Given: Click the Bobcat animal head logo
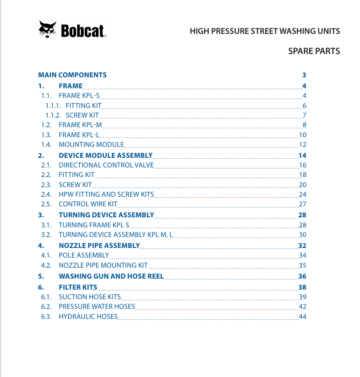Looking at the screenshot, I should click(48, 29).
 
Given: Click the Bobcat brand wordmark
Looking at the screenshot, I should click(82, 31).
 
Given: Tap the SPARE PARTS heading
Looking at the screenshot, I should click(314, 51).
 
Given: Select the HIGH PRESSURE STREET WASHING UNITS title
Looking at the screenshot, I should click(265, 31).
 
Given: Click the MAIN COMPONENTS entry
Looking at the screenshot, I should click(72, 75).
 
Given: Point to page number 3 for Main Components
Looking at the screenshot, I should click(304, 75).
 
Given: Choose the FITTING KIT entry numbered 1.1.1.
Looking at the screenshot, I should click(87, 105).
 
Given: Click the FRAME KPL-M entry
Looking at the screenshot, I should click(80, 125).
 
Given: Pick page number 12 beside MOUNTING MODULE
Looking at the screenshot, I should click(302, 145).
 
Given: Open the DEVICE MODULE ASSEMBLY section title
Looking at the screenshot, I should click(105, 155).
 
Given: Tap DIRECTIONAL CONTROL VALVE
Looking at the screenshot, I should click(106, 165).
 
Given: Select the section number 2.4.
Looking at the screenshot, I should click(46, 194).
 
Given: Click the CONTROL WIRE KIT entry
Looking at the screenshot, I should click(88, 204).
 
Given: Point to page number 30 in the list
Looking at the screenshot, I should click(302, 235).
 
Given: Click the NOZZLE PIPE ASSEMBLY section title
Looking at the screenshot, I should click(99, 245).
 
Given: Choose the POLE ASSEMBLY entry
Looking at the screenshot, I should click(84, 255).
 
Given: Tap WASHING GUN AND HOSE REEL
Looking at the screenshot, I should click(111, 276).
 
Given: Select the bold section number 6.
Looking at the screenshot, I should click(41, 287).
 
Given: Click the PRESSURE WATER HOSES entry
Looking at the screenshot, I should click(97, 307).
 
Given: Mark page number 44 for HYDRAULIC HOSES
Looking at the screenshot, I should click(302, 317).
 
